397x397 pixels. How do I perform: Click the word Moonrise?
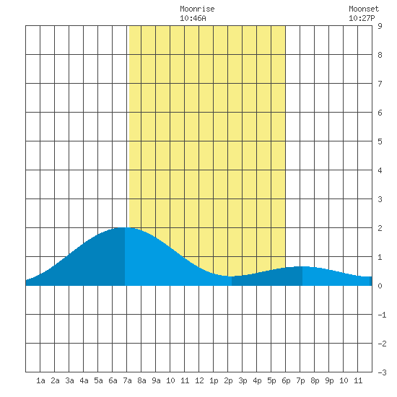[197, 9]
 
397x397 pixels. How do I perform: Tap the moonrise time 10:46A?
[193, 18]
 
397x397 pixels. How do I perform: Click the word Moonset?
[364, 9]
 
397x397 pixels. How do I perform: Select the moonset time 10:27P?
[362, 18]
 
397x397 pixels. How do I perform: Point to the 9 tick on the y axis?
[380, 26]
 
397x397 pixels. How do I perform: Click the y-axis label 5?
[380, 141]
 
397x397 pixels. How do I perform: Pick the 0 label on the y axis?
[380, 286]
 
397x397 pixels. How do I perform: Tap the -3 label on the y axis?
[382, 372]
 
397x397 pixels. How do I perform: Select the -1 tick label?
[382, 315]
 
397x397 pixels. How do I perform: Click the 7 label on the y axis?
[380, 84]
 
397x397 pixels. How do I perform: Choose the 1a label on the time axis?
[40, 380]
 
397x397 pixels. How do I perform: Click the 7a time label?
[127, 380]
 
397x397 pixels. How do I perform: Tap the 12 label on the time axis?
[199, 380]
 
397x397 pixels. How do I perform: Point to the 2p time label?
[228, 380]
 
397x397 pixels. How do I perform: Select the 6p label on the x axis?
[286, 380]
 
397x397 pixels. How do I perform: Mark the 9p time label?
[329, 380]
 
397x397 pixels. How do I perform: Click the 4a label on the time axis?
[84, 380]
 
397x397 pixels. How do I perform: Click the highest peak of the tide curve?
[125, 227]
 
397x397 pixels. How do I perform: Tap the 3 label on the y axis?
[380, 199]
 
